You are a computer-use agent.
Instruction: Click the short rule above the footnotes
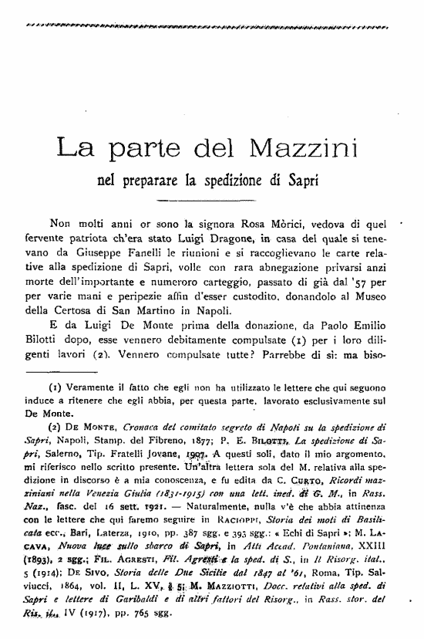(x=210, y=368)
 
